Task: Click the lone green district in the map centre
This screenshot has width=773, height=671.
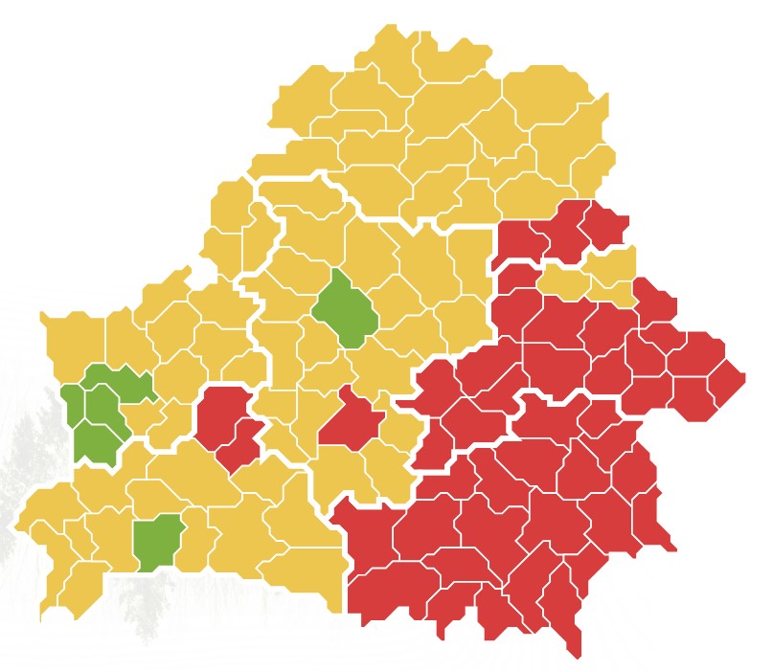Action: (344, 308)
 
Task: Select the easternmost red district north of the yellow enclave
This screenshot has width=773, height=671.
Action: (603, 226)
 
